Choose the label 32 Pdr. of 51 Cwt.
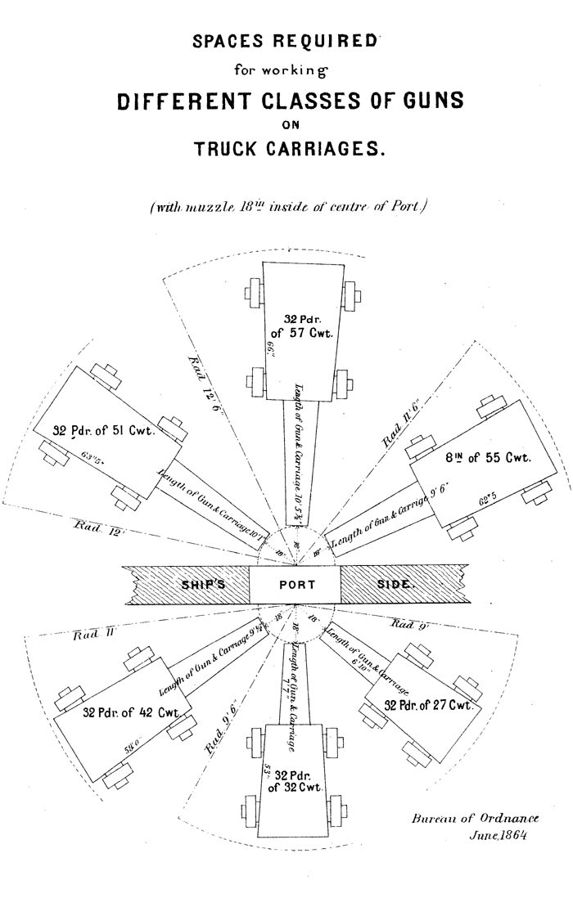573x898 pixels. point(104,431)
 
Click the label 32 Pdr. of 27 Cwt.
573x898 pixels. point(428,705)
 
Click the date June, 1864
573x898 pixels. point(497,836)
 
